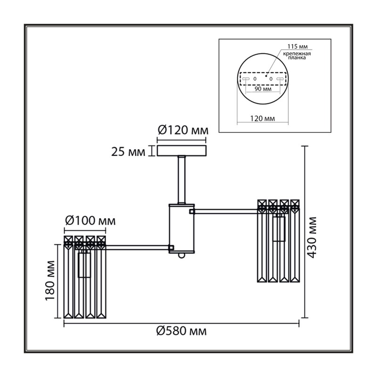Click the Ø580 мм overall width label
coord(181,331)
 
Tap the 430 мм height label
coord(312,238)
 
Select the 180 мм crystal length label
coord(50,280)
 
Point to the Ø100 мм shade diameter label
coord(90,221)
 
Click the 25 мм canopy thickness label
coord(128,152)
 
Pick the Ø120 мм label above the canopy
coord(183,131)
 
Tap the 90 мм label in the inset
coord(263,89)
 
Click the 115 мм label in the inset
coord(297,46)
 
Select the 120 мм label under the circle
coord(262,119)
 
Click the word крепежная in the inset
coord(297,54)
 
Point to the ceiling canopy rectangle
coord(181,151)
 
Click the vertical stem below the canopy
coord(181,180)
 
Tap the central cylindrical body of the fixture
coord(181,229)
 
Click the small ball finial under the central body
coord(181,256)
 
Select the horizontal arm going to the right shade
coord(226,211)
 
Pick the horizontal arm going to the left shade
coord(137,247)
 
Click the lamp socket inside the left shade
coord(84,264)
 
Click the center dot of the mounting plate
coord(266,76)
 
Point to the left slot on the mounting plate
coord(246,79)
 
